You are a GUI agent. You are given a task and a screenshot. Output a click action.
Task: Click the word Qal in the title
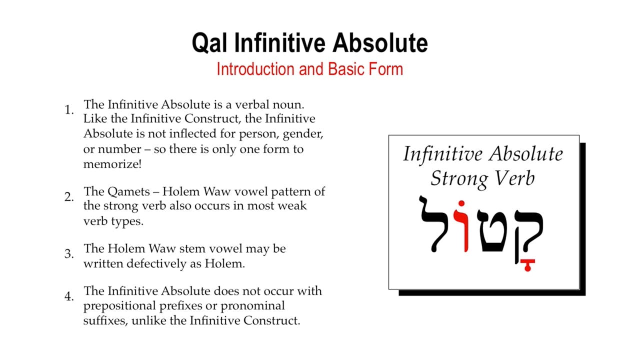tap(209, 43)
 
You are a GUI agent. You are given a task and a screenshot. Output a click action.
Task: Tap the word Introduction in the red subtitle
tap(255, 69)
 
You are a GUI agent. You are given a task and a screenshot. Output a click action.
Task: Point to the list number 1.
tap(69, 109)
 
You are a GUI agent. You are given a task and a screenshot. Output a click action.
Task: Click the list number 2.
tap(69, 197)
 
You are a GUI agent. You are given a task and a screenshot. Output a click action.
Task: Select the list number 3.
tap(69, 253)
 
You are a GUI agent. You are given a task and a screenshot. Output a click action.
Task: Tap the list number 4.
tap(69, 296)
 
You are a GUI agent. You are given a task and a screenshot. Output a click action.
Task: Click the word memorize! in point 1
tap(112, 164)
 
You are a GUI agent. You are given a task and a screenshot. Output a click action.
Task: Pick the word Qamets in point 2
tap(128, 192)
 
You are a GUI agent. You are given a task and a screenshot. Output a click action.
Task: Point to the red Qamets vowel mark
tap(527, 265)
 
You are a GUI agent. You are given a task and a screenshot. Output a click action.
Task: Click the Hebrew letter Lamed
tap(434, 224)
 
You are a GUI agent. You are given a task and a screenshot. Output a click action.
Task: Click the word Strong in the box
tap(459, 179)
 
